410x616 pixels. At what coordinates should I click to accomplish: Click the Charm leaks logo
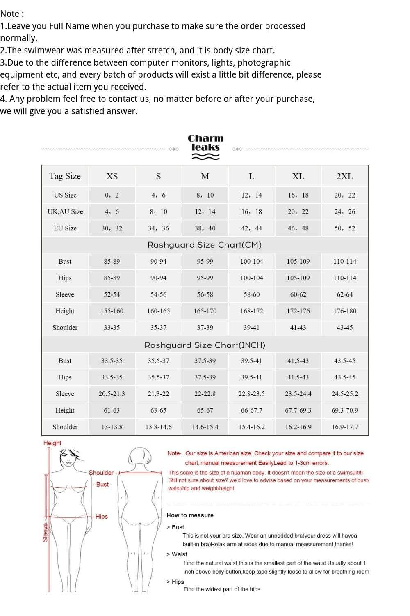click(205, 147)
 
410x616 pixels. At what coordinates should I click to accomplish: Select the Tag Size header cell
click(65, 176)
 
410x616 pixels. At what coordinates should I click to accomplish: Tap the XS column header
click(112, 176)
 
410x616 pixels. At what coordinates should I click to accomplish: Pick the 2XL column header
click(344, 176)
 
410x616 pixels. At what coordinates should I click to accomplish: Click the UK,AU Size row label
click(65, 212)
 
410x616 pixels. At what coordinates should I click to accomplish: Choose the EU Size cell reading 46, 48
click(298, 228)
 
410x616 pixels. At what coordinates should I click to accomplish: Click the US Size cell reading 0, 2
click(112, 195)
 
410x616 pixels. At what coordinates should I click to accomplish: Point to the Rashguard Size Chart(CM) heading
click(205, 245)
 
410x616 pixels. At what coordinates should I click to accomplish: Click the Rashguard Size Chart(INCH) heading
click(205, 345)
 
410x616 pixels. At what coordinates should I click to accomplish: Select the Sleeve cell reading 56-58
click(205, 294)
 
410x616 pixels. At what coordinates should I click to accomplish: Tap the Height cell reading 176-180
click(345, 311)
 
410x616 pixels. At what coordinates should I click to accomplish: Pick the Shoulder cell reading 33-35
click(112, 328)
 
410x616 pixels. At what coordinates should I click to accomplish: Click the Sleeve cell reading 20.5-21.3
click(112, 394)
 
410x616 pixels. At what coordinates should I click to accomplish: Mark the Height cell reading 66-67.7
click(252, 410)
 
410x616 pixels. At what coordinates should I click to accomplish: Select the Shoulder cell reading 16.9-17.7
click(345, 427)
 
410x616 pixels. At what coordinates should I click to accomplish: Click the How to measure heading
click(190, 515)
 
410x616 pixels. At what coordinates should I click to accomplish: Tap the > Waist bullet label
click(177, 554)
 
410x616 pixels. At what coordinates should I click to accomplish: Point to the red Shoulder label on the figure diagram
click(102, 473)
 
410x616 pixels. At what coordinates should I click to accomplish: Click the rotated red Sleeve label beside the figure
click(46, 532)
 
